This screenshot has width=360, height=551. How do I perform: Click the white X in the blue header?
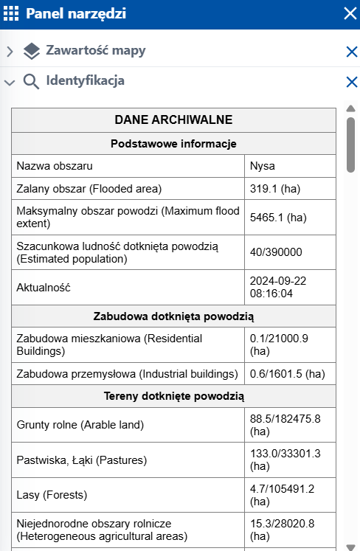click(350, 13)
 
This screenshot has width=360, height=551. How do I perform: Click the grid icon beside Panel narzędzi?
click(13, 13)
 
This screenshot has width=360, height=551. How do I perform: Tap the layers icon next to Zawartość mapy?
click(31, 51)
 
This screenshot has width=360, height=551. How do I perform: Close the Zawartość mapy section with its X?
click(351, 52)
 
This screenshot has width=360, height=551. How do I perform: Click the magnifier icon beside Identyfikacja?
click(31, 81)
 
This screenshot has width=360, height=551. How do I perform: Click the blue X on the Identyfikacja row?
click(351, 82)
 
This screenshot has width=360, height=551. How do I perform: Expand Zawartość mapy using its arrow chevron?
click(10, 52)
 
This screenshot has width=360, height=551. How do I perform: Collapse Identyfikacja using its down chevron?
click(10, 82)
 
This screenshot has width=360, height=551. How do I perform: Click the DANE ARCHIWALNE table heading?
click(174, 119)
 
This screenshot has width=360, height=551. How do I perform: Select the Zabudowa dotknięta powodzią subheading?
click(174, 316)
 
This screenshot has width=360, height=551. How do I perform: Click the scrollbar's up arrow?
click(350, 109)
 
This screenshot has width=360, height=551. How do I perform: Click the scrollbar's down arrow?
click(350, 546)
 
